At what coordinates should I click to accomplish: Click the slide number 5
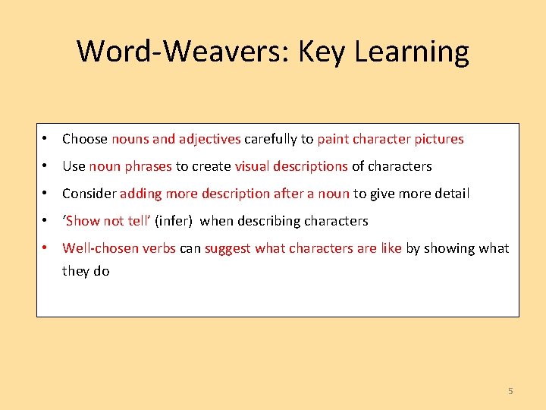pyautogui.click(x=510, y=391)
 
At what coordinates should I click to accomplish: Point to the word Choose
pyautogui.click(x=85, y=139)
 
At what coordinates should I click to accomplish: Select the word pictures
pyautogui.click(x=439, y=139)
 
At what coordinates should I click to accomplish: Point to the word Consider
pyautogui.click(x=89, y=194)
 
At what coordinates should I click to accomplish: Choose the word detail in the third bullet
pyautogui.click(x=452, y=194)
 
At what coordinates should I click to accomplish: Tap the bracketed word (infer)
pyautogui.click(x=174, y=221)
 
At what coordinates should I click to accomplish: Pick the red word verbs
pyautogui.click(x=159, y=248)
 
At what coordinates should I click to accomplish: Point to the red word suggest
pyautogui.click(x=227, y=248)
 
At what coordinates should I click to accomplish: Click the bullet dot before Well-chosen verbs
pyautogui.click(x=46, y=248)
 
